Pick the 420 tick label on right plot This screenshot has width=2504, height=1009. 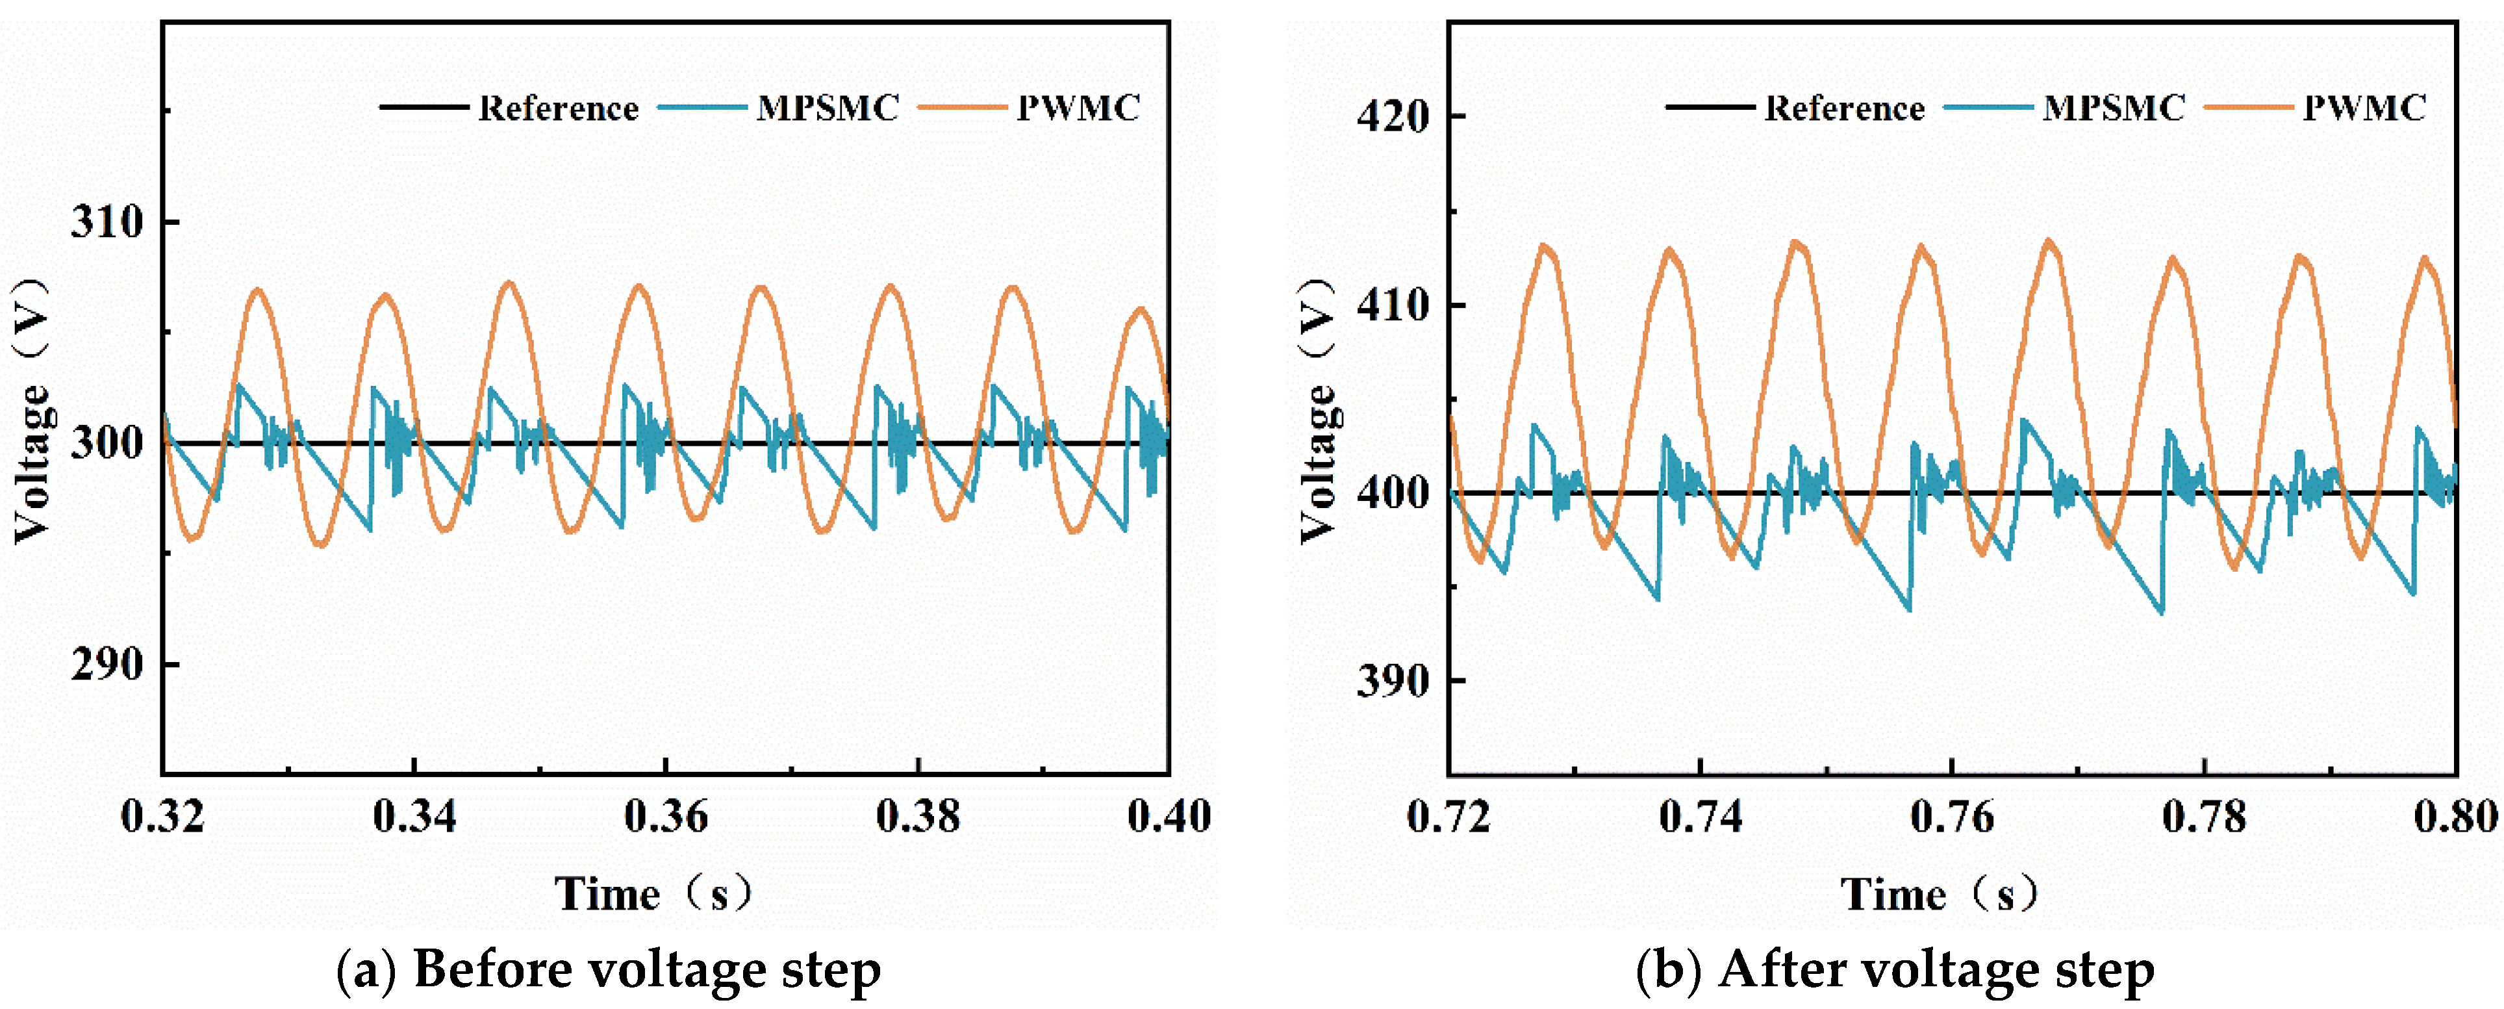point(1393,117)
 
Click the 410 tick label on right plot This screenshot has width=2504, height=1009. point(1393,305)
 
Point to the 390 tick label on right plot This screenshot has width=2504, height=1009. point(1393,680)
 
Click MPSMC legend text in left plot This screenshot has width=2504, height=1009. point(828,107)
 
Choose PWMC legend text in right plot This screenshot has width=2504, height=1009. point(2364,107)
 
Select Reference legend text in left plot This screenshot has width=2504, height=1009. point(558,108)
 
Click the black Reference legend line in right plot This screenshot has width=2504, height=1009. point(1710,107)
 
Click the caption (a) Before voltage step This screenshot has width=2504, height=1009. point(609,969)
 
